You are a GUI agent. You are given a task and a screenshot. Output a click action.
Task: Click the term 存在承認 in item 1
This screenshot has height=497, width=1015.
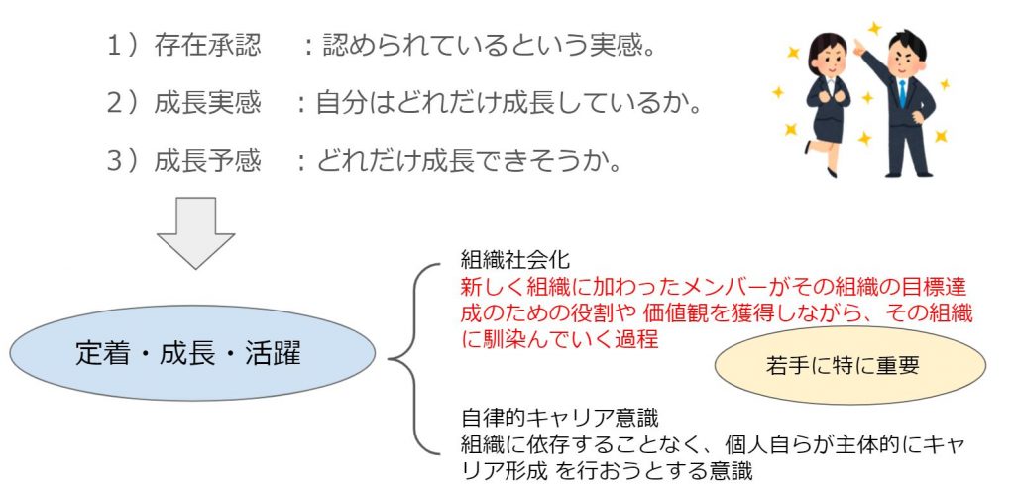[207, 45]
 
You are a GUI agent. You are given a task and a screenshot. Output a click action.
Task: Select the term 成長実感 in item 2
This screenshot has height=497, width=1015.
[207, 103]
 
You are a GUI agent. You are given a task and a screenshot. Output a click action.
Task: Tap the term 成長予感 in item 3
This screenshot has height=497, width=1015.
[207, 162]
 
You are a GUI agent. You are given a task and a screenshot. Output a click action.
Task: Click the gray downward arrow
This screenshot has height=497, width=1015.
[195, 233]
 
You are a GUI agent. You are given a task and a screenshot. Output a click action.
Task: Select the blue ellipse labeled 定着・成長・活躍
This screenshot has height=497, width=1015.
[192, 354]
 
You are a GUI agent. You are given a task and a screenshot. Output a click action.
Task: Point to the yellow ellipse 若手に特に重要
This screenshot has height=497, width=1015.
[849, 365]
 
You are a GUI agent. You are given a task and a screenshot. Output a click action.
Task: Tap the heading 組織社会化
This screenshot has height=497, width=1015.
[515, 260]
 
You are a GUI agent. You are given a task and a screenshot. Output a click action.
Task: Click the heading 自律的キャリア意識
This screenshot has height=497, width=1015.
[559, 418]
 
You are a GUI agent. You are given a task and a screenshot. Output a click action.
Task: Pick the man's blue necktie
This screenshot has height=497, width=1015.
[902, 93]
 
